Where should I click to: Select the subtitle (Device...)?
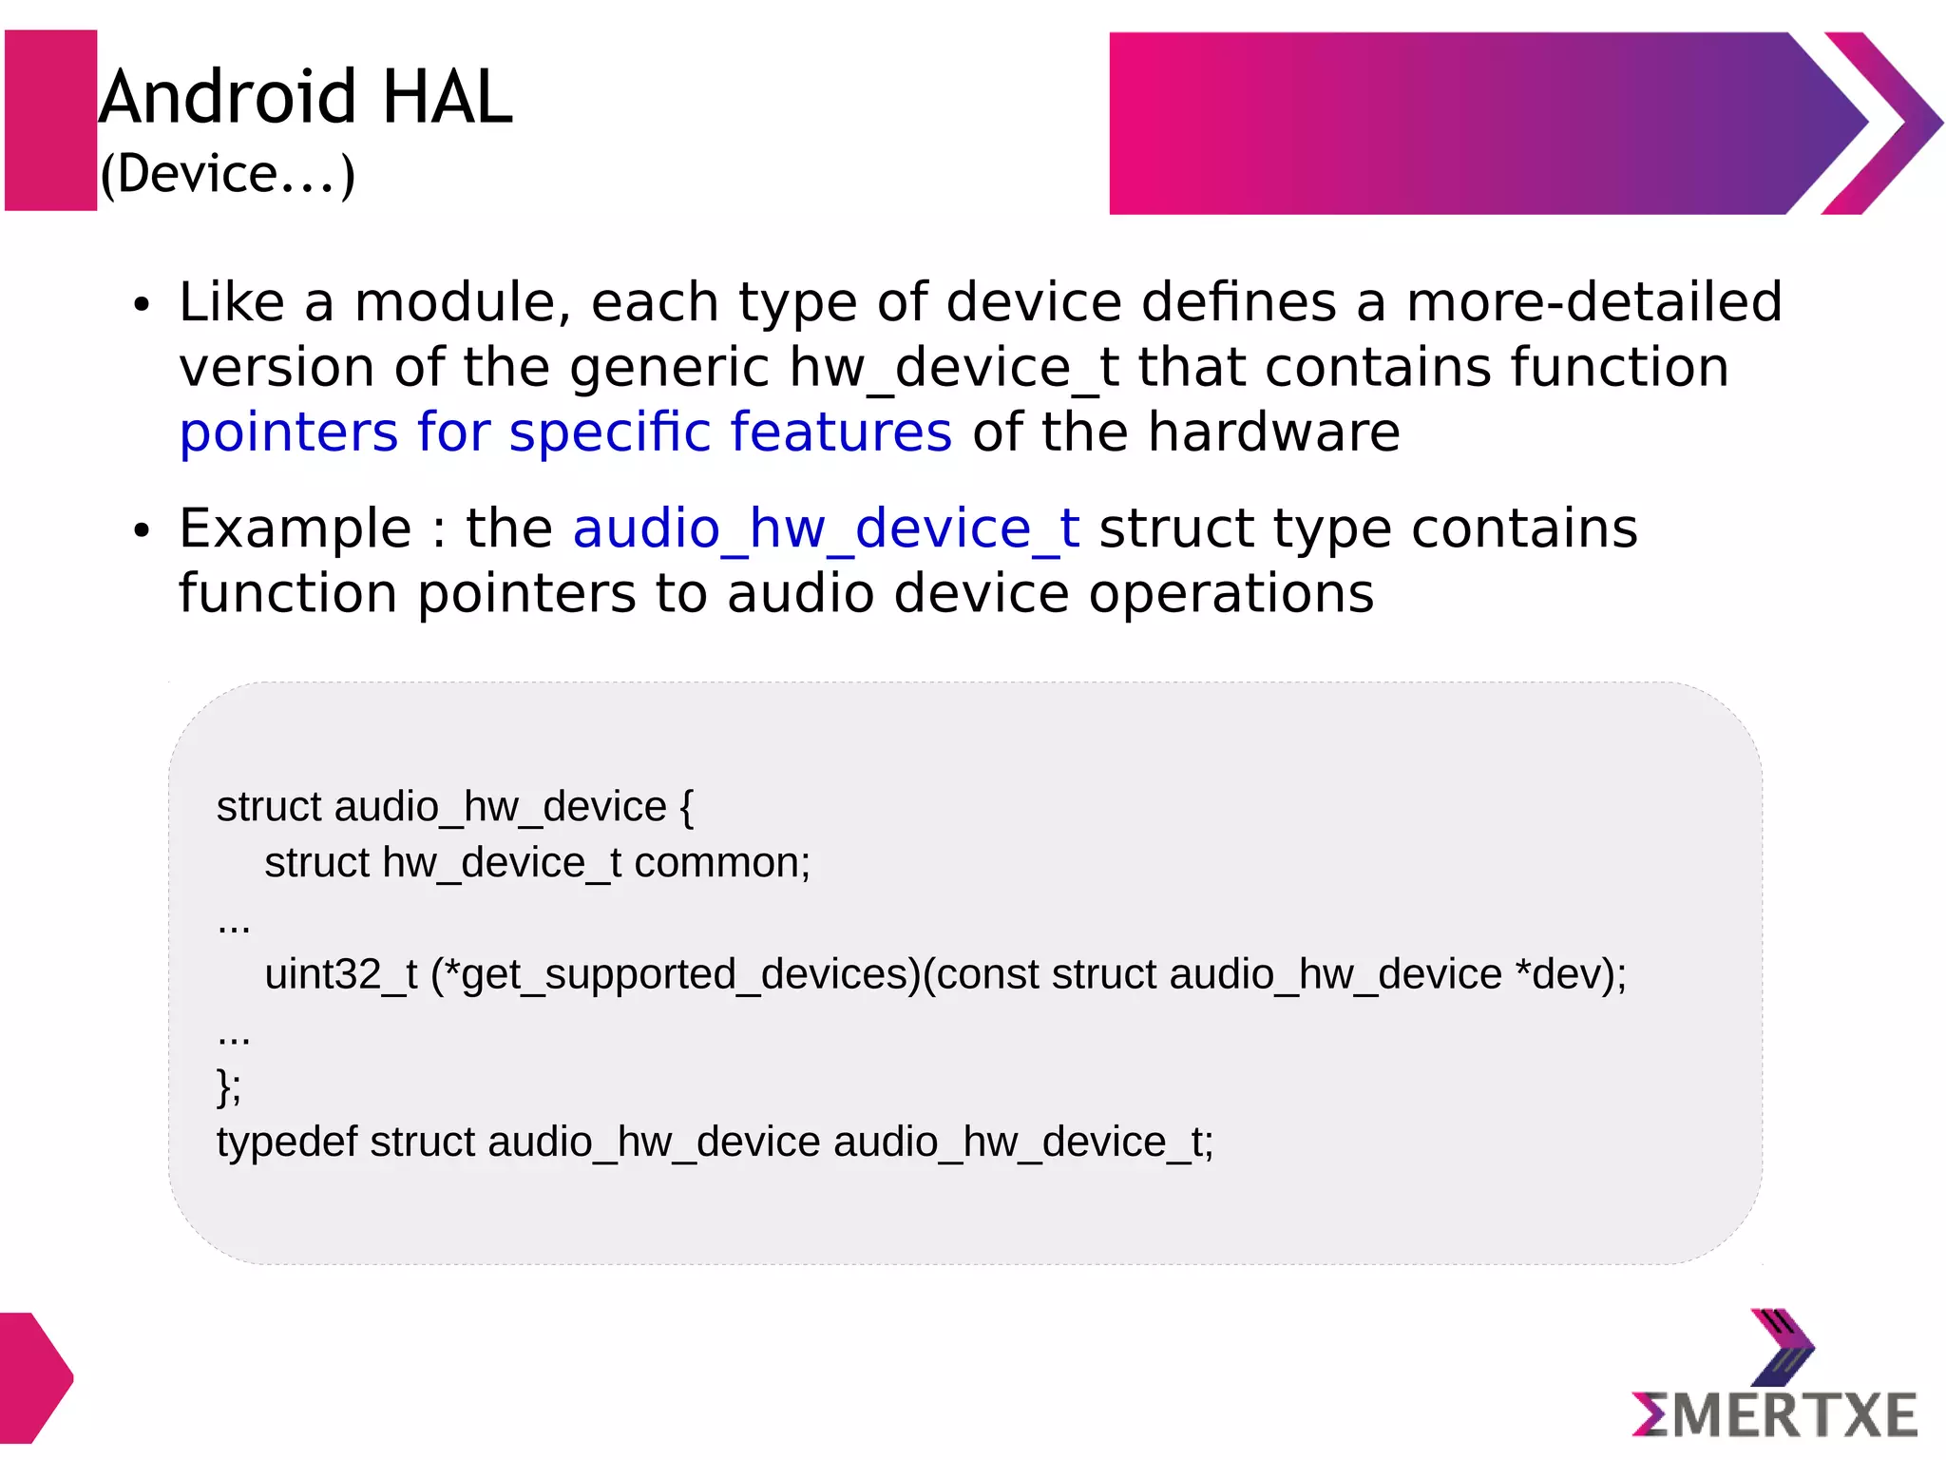228,174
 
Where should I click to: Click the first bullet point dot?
142,305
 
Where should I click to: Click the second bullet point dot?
142,531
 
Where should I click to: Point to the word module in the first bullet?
462,302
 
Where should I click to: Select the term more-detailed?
1593,302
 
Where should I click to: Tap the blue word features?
841,432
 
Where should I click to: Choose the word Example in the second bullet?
295,528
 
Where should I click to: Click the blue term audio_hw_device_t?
826,529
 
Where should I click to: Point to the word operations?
1231,594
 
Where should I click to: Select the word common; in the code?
722,863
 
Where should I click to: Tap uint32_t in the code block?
340,975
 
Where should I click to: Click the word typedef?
287,1143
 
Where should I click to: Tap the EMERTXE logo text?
1775,1414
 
